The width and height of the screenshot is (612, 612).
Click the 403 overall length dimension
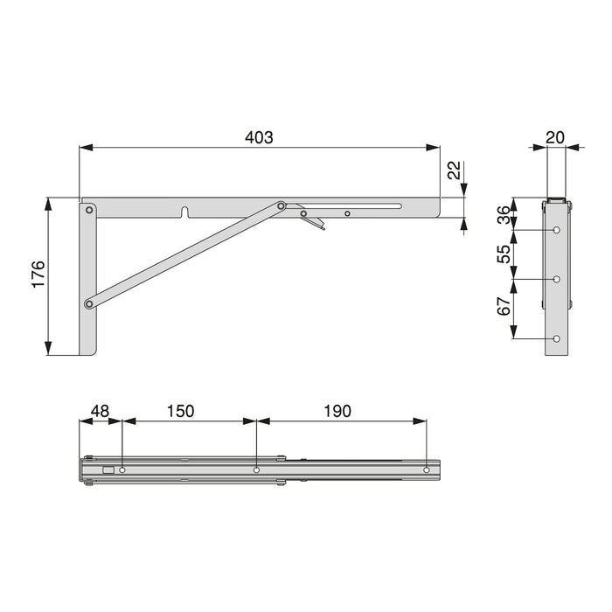point(260,137)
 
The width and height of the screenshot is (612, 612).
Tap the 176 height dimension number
point(37,276)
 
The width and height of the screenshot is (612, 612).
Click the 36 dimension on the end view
point(503,214)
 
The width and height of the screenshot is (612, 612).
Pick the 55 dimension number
point(503,254)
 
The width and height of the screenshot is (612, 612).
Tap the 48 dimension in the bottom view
point(100,410)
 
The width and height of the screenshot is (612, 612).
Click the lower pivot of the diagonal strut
point(89,304)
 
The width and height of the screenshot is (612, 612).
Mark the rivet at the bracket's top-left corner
point(89,210)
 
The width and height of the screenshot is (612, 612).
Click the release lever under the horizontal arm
point(316,224)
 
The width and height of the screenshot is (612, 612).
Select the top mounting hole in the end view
point(557,230)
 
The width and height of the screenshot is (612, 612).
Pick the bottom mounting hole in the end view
point(557,338)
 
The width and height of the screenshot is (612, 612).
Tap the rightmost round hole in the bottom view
point(427,470)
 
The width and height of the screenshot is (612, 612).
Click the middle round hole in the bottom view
point(256,470)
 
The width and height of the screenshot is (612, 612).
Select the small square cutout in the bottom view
point(108,470)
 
